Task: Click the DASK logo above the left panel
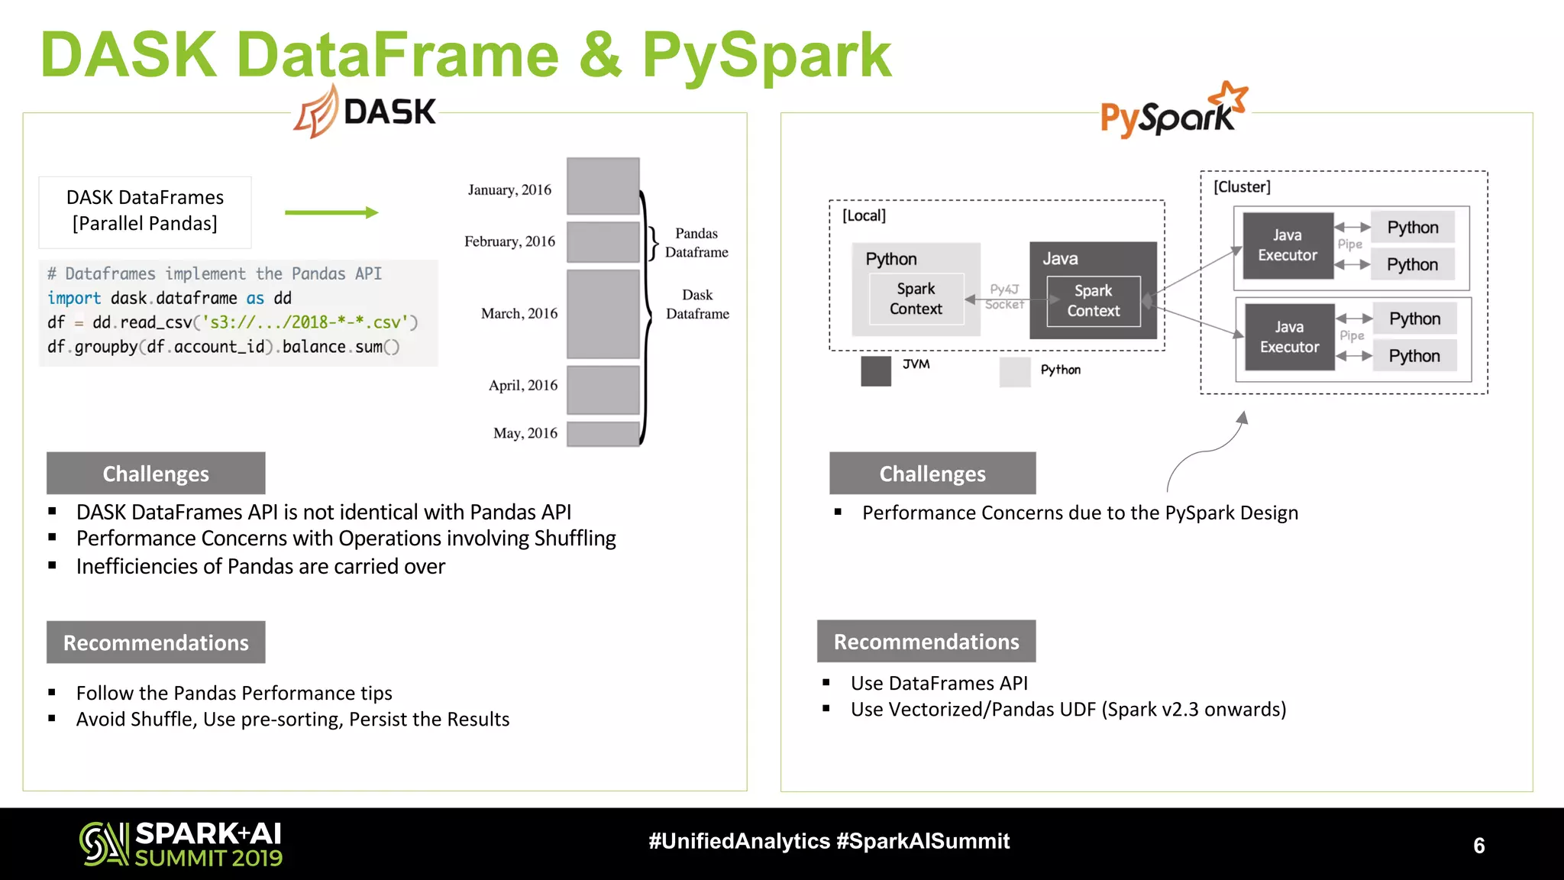pyautogui.click(x=365, y=112)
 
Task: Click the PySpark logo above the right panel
pyautogui.click(x=1173, y=112)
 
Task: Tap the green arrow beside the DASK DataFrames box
pyautogui.click(x=331, y=212)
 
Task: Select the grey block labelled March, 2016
pyautogui.click(x=603, y=313)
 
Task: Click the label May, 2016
pyautogui.click(x=525, y=433)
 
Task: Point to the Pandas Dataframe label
pyautogui.click(x=696, y=242)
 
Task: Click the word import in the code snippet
pyautogui.click(x=73, y=298)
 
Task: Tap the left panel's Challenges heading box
pyautogui.click(x=156, y=474)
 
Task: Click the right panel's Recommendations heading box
pyautogui.click(x=926, y=642)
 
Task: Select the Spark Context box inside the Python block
pyautogui.click(x=916, y=299)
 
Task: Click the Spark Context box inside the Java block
pyautogui.click(x=1093, y=301)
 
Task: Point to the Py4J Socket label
pyautogui.click(x=1004, y=296)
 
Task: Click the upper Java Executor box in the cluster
pyautogui.click(x=1288, y=245)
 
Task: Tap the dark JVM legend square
pyautogui.click(x=875, y=371)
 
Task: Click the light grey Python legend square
pyautogui.click(x=1015, y=372)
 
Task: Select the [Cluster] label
pyautogui.click(x=1242, y=187)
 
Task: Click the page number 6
pyautogui.click(x=1478, y=846)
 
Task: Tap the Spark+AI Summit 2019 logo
pyautogui.click(x=181, y=844)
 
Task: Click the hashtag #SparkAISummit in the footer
pyautogui.click(x=923, y=841)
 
